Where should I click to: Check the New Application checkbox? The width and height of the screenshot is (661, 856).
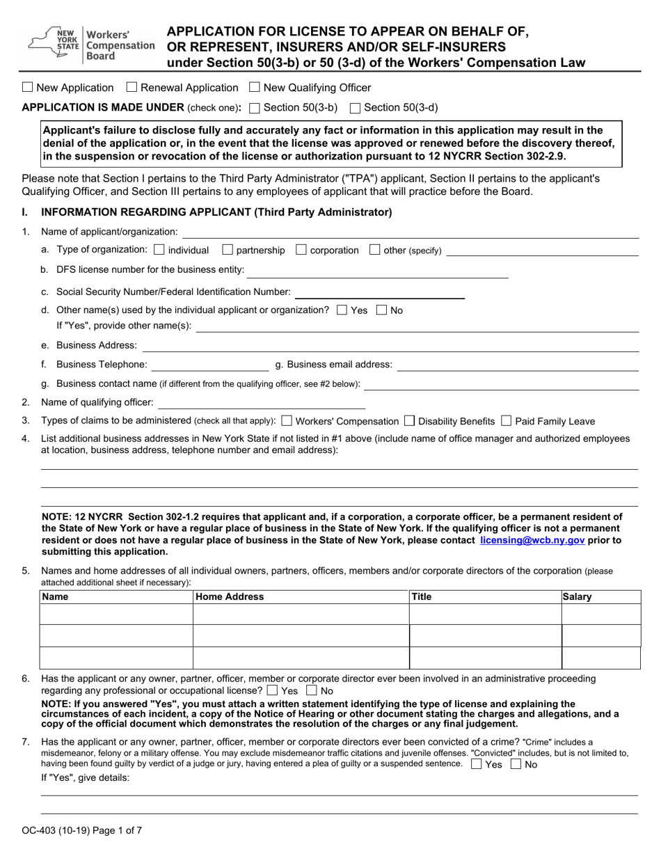27,88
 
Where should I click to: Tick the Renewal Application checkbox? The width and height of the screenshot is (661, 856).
132,88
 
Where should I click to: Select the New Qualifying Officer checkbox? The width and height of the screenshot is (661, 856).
254,88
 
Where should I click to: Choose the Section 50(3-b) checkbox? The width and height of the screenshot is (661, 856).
254,108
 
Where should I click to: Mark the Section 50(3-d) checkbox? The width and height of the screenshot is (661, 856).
354,108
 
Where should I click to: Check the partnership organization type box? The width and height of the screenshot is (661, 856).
227,250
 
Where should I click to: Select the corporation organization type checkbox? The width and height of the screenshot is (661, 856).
301,250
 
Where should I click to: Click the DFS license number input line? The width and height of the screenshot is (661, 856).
377,271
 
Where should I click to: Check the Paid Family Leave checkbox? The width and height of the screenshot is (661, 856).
506,421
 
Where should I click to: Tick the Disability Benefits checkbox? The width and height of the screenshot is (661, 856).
409,421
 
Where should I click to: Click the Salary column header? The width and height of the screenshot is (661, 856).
577,597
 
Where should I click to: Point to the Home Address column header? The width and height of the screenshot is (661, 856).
230,597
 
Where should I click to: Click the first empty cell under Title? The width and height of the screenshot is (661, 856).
484,615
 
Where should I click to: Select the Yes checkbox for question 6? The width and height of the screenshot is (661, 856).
272,691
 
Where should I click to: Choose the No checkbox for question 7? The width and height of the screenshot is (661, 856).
516,764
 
